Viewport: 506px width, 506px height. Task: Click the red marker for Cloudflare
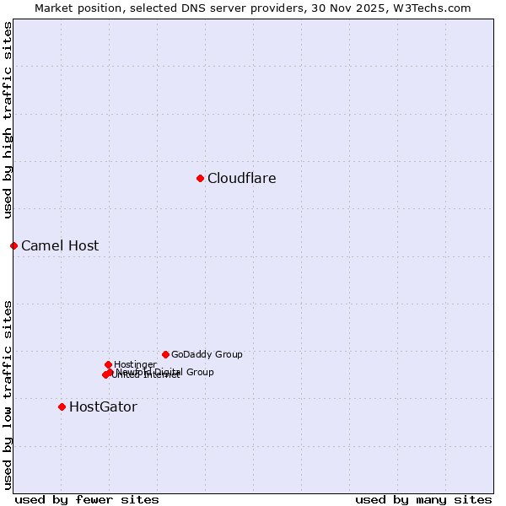200,178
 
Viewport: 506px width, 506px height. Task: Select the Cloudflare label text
241,178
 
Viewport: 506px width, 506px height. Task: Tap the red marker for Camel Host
13,245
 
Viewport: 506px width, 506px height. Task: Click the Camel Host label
60,246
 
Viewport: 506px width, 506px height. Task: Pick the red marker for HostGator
62,406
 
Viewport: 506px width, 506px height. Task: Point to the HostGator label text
103,407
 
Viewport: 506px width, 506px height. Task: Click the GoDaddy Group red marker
165,354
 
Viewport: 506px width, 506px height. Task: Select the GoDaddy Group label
207,355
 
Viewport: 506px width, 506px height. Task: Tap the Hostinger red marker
108,364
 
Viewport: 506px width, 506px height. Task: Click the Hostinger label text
135,365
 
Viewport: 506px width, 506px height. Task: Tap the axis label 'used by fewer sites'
87,499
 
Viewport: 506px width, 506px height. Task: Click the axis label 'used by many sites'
423,499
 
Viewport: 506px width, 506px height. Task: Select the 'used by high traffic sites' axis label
8,120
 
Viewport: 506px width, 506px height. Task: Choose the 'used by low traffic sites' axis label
8,395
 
